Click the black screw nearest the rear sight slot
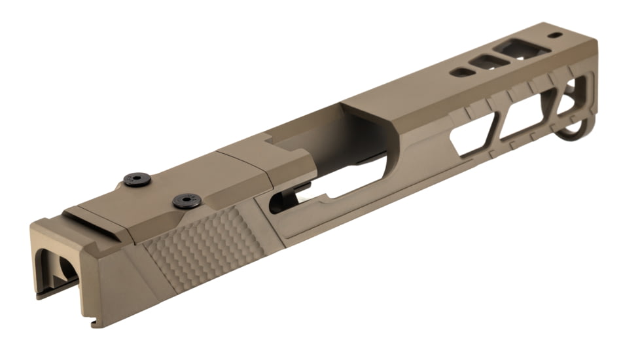pyautogui.click(x=137, y=179)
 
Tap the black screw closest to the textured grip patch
pyautogui.click(x=187, y=200)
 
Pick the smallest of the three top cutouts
pyautogui.click(x=462, y=72)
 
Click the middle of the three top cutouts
pyautogui.click(x=490, y=62)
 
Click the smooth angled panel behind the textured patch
pyautogui.click(x=118, y=275)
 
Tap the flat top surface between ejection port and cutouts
pyautogui.click(x=406, y=92)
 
